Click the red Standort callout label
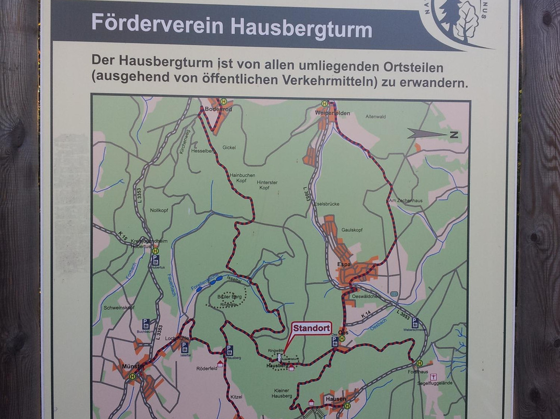tap(312, 328)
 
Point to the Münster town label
tap(130, 366)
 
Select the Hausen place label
tap(336, 399)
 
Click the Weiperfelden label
tap(332, 113)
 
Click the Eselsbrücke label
tap(327, 204)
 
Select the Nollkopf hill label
tap(160, 211)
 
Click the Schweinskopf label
tap(116, 308)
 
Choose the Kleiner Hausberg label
tap(282, 393)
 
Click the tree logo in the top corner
tap(456, 21)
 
